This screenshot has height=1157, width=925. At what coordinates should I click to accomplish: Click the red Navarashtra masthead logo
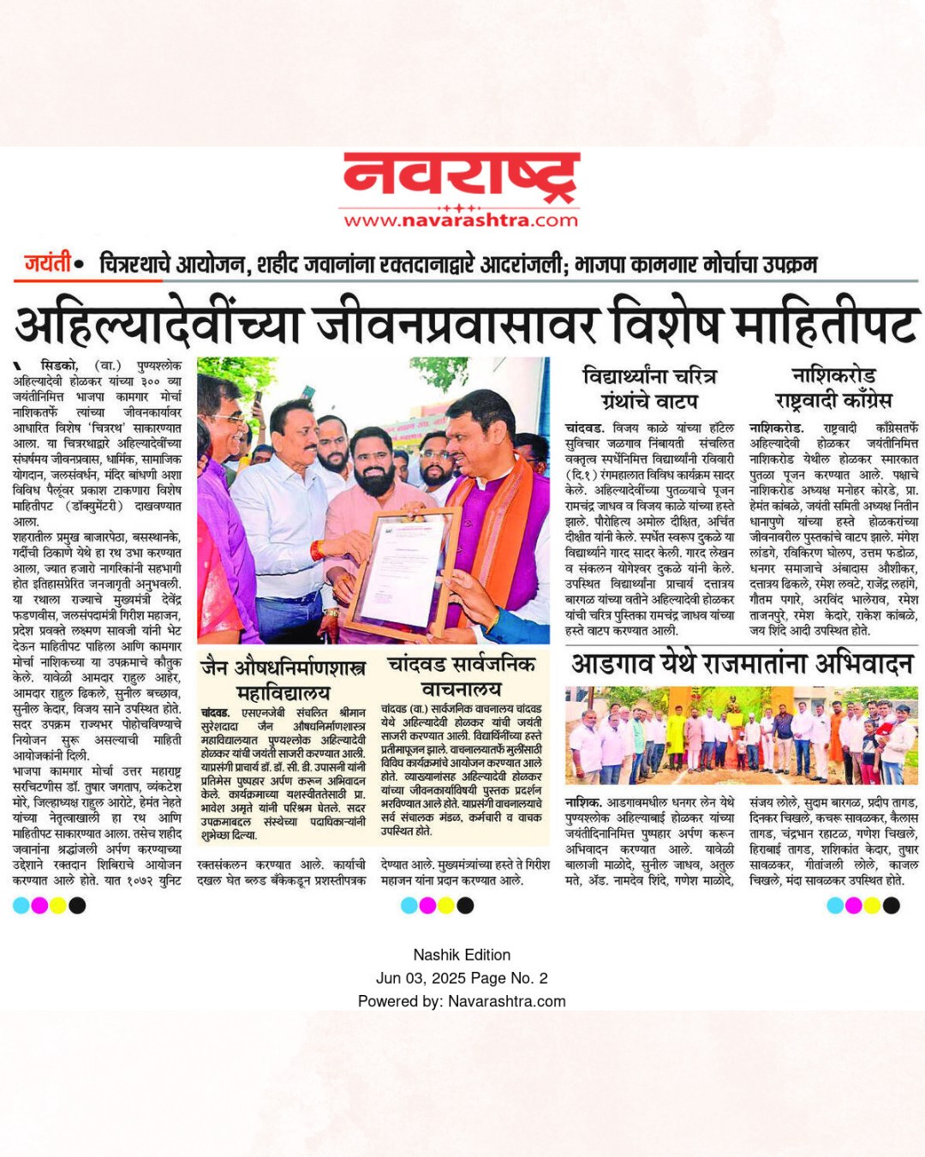462,177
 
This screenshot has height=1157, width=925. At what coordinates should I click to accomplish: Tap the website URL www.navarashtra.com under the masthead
462,220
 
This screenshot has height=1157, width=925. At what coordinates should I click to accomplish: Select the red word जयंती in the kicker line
47,263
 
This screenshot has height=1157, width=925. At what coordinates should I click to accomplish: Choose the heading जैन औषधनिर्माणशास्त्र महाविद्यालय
283,679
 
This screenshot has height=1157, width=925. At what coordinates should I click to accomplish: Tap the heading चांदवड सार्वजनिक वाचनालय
461,676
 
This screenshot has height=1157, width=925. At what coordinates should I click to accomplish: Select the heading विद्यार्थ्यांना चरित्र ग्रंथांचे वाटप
649,388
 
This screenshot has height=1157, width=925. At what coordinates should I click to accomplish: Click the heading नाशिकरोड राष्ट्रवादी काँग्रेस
833,388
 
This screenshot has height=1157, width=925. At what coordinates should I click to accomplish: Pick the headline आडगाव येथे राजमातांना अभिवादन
742,664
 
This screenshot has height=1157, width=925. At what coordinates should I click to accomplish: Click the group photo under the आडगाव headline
742,735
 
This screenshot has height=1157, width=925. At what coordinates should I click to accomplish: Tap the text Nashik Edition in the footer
462,955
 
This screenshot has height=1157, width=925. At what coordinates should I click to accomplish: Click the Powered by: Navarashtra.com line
462,1001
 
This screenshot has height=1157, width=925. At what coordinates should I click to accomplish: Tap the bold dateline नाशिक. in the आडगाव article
582,803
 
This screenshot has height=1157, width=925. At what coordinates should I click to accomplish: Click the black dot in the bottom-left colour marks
77,905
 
